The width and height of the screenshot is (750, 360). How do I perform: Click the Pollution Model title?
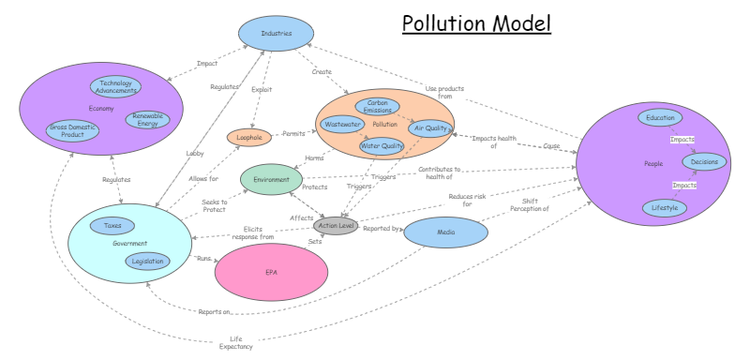477,22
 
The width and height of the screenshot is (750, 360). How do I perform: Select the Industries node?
275,35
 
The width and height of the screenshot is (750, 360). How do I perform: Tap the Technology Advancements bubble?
115,87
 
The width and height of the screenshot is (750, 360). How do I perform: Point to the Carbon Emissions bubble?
378,106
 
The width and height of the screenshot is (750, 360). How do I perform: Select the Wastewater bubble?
342,124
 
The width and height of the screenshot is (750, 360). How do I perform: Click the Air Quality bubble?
431,128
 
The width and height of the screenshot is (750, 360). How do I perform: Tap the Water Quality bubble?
382,145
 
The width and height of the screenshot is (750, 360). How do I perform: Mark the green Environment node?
271,179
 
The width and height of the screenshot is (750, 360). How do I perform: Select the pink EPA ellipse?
271,271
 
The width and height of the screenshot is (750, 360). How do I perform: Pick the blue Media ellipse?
446,232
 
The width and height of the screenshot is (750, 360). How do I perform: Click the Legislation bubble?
148,262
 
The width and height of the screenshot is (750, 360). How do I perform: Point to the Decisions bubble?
704,162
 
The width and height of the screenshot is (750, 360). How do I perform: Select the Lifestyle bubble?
664,207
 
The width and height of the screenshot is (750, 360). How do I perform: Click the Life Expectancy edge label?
236,342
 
